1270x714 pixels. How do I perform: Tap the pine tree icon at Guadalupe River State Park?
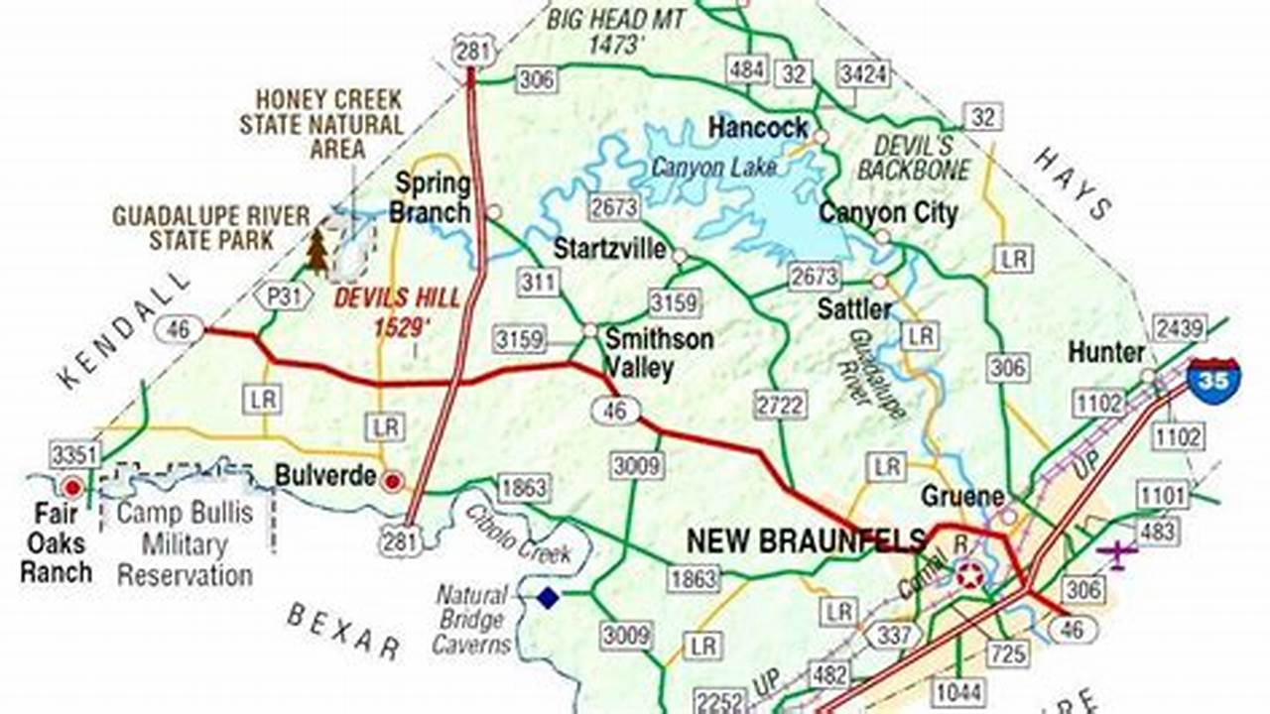[x=317, y=252]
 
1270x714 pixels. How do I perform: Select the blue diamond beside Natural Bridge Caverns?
[x=548, y=598]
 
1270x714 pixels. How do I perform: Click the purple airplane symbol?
[x=1119, y=552]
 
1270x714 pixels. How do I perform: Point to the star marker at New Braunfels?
[x=969, y=573]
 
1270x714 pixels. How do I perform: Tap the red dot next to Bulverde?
[x=393, y=481]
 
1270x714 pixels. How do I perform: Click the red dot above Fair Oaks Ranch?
[x=71, y=487]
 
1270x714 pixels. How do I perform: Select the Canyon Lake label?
[x=713, y=168]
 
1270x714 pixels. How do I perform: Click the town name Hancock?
[x=758, y=128]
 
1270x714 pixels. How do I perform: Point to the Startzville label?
[x=608, y=248]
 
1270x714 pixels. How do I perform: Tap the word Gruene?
[x=962, y=495]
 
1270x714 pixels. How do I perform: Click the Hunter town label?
[x=1105, y=352]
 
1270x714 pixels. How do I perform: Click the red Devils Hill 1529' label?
[x=396, y=311]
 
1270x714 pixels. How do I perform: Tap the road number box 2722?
[x=781, y=405]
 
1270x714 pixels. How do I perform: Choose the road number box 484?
[x=747, y=69]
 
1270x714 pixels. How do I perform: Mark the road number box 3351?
[x=75, y=455]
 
